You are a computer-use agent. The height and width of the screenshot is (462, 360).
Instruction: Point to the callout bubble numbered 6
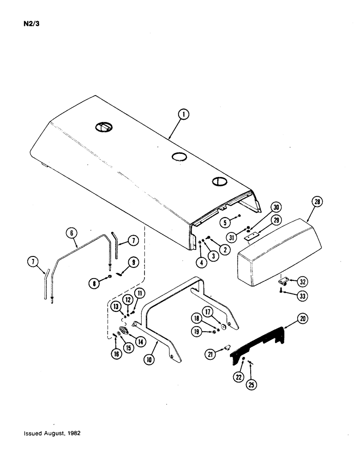coord(72,234)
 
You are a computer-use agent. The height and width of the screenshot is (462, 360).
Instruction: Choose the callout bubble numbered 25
coord(251,384)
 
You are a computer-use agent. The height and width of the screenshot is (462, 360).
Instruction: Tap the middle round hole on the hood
coord(178,157)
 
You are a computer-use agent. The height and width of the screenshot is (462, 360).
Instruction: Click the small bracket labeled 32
coord(283,280)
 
